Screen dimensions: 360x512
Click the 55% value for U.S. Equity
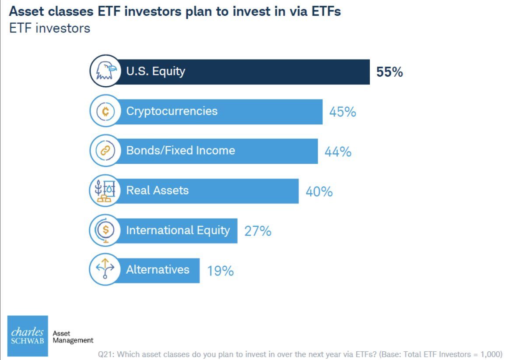coord(389,72)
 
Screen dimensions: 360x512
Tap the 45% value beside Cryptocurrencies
coord(343,112)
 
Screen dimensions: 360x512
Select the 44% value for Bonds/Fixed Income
coord(338,152)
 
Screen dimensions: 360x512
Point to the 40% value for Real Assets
coord(319,191)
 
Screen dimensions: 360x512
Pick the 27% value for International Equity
coord(258,231)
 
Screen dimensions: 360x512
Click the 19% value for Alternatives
coord(220,271)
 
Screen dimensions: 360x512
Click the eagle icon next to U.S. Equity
coord(105,71)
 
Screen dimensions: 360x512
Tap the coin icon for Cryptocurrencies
coord(105,111)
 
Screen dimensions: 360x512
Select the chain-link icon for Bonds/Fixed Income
coord(105,151)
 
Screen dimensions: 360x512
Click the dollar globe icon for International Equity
coord(105,230)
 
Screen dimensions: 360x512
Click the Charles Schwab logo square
coord(28,336)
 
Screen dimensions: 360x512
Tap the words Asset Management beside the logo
coord(73,337)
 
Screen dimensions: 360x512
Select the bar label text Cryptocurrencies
coord(172,111)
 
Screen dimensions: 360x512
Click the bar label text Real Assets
coord(157,190)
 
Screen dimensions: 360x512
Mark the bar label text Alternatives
coord(158,269)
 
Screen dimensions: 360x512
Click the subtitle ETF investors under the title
coord(49,28)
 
